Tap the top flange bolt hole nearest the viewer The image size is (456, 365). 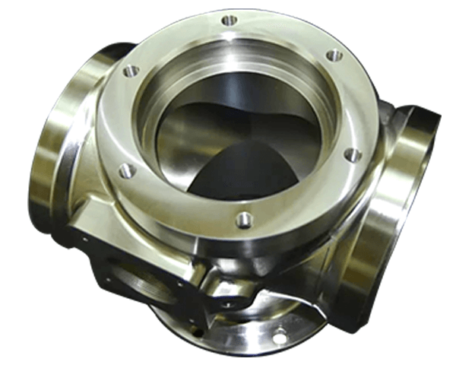click(x=243, y=220)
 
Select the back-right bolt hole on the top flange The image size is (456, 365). click(x=334, y=56)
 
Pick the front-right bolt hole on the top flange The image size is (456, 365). click(x=352, y=155)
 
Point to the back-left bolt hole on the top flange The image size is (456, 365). click(x=131, y=71)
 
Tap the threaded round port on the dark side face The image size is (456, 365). click(x=149, y=284)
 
